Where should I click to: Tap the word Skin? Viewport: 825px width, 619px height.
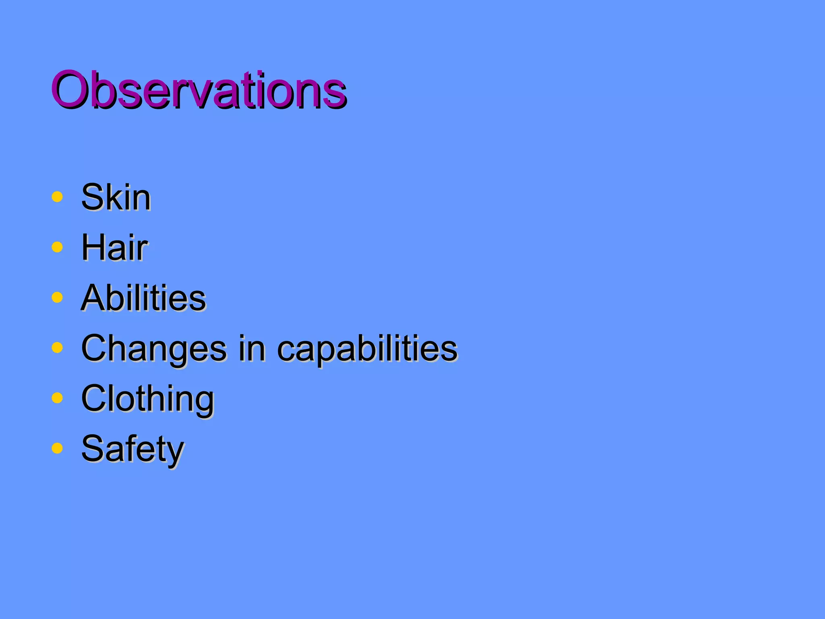tap(116, 197)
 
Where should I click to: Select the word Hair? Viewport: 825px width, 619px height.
tap(114, 247)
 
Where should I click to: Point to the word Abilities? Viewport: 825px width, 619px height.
tap(143, 298)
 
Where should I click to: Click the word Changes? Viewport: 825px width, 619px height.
tap(154, 348)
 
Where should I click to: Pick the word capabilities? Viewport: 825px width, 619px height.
tap(367, 348)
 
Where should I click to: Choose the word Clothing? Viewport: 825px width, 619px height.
tap(147, 399)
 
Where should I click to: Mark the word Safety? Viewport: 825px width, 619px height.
tap(133, 449)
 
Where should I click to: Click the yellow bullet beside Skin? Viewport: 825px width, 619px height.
tap(57, 197)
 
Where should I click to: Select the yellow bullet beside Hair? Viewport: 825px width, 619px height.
tap(57, 247)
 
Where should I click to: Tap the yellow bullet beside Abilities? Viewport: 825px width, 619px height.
tap(57, 297)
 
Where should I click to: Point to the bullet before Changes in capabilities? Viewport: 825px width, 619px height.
tap(57, 347)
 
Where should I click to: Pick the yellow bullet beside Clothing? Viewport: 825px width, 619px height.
tap(57, 398)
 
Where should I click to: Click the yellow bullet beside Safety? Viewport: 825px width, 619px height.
tap(57, 448)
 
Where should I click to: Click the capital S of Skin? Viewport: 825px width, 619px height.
tap(92, 197)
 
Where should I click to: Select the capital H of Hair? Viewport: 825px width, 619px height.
tap(93, 247)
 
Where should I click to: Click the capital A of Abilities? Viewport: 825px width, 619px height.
tap(95, 298)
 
